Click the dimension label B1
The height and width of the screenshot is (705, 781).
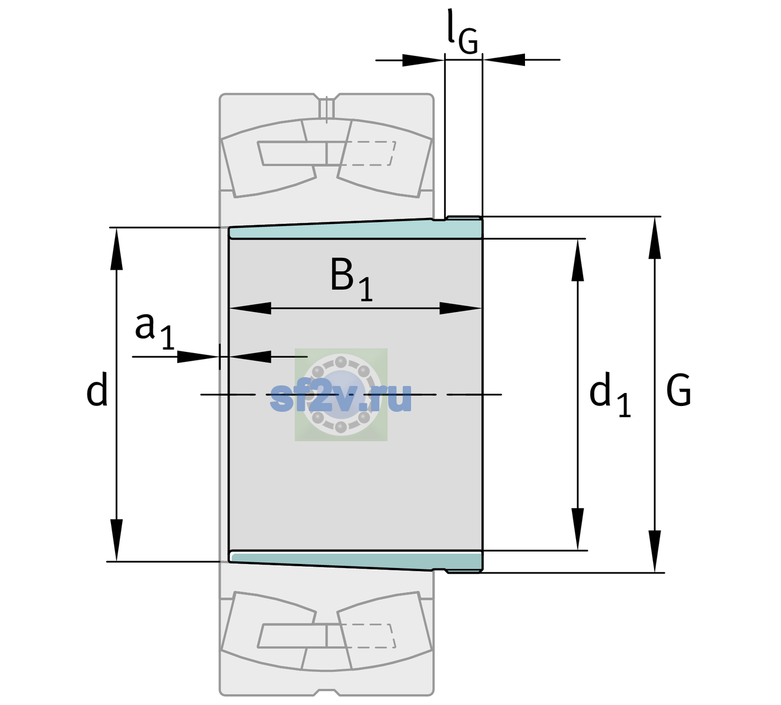click(x=351, y=279)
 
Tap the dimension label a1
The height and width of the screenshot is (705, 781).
click(x=154, y=331)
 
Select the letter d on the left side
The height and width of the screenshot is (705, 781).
click(x=96, y=389)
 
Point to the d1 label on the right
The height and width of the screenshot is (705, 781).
click(x=610, y=394)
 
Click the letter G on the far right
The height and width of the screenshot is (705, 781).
click(x=678, y=390)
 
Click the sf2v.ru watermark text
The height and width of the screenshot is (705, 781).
click(x=341, y=397)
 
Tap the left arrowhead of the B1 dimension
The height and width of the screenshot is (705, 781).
click(x=250, y=308)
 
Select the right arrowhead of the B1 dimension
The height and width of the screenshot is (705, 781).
click(x=460, y=308)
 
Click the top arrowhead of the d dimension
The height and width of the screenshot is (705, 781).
click(x=116, y=249)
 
